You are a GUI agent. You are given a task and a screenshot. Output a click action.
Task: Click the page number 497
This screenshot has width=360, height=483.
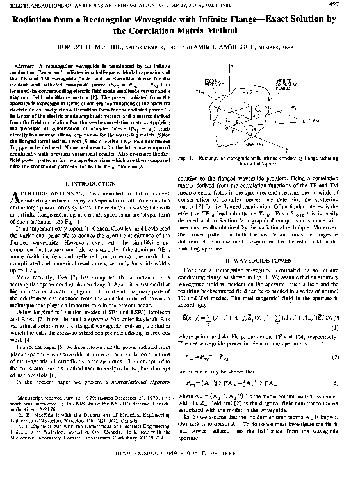coord(343,5)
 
